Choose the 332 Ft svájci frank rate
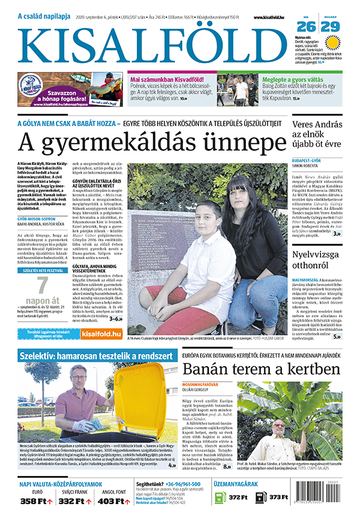[x=73, y=501]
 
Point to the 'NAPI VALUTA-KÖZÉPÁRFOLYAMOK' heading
[x=61, y=483]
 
